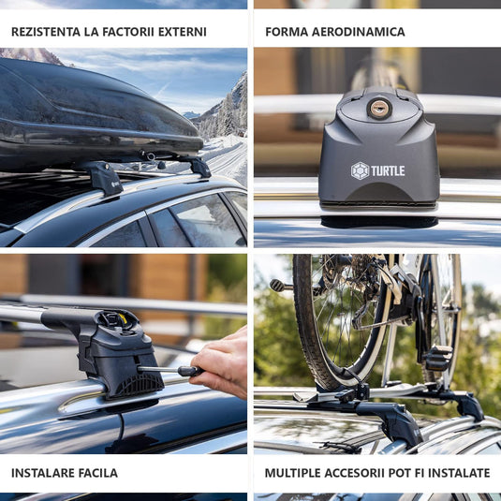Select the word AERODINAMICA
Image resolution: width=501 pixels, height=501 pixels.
click(x=358, y=32)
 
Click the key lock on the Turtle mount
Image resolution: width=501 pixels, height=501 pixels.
click(x=378, y=109)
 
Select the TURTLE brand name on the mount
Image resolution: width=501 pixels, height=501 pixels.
click(x=388, y=171)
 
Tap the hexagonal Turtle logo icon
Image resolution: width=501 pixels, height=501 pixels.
click(x=361, y=171)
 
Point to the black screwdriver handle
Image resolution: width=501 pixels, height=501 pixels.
click(x=190, y=371)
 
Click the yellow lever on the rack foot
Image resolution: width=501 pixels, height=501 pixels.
click(x=123, y=319)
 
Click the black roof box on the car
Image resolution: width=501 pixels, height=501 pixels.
click(x=96, y=115)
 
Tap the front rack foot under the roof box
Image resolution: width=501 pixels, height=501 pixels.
click(x=103, y=179)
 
